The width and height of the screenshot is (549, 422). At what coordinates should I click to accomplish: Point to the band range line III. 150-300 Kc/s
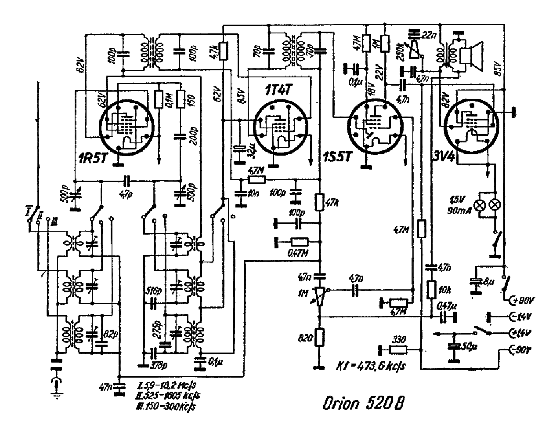coord(166,406)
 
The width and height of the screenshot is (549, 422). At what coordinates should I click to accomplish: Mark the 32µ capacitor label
coord(251,153)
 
